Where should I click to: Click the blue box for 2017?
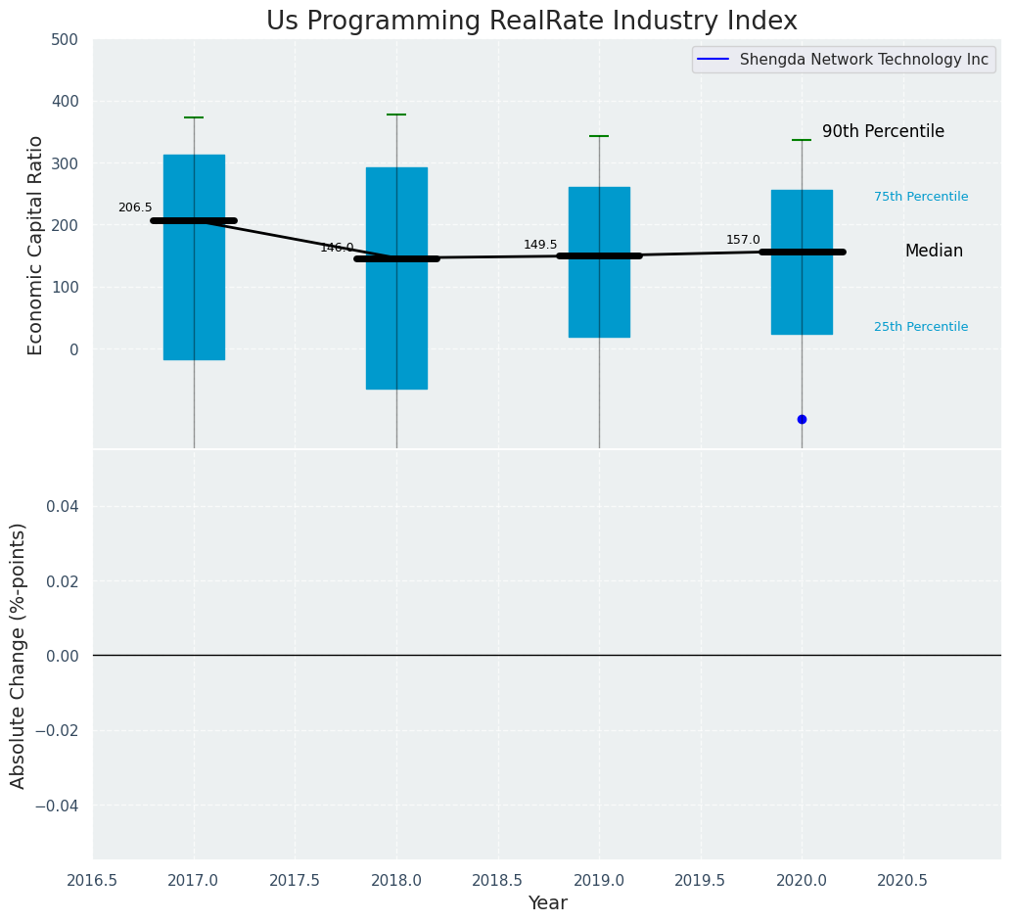point(194,284)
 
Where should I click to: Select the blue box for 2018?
point(396,313)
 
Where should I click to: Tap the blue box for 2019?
point(599,294)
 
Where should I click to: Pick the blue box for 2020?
point(802,294)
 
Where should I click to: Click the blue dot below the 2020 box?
point(802,419)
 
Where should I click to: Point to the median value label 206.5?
point(135,207)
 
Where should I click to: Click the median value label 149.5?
point(540,245)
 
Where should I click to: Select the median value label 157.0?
point(743,240)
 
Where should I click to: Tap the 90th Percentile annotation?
point(883,131)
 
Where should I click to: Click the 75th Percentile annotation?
point(921,197)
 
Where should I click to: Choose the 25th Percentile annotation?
point(921,327)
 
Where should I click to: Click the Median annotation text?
point(934,252)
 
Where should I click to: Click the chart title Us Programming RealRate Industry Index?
point(531,22)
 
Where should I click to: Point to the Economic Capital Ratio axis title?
point(36,245)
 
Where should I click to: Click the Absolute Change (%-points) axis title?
point(19,655)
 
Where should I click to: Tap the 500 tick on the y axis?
point(65,40)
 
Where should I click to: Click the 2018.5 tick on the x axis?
point(497,881)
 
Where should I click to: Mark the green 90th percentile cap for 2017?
point(194,117)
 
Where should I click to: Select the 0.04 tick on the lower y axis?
point(62,506)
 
